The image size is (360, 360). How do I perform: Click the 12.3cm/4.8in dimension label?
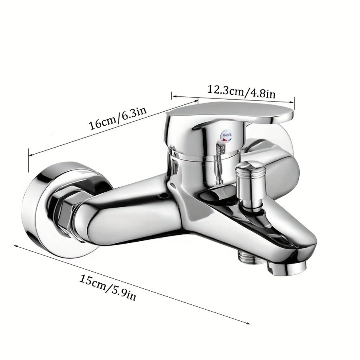pyautogui.click(x=241, y=92)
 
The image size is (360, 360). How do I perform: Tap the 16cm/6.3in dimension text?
pyautogui.click(x=117, y=118)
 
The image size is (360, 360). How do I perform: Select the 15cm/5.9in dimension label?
pyautogui.click(x=108, y=288)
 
